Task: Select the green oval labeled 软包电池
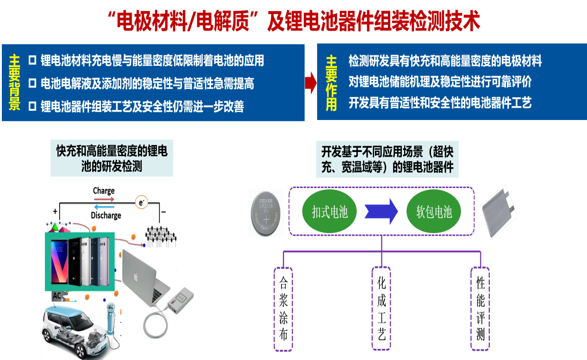coord(434,212)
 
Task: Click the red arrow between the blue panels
coord(310,82)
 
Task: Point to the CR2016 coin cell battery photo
coord(266,213)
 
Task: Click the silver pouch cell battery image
coord(499,212)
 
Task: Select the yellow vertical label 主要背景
coord(15,83)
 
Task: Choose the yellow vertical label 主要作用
coord(331,83)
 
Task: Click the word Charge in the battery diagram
coord(103,191)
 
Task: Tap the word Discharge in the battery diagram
coord(106,215)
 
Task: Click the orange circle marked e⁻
coord(141,202)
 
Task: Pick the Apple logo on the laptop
coord(136,277)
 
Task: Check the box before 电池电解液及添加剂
coord(32,83)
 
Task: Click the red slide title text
coord(293,21)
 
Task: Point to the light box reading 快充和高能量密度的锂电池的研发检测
coord(112,158)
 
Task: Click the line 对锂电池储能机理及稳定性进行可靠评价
coord(440,82)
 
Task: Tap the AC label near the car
coord(57,296)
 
